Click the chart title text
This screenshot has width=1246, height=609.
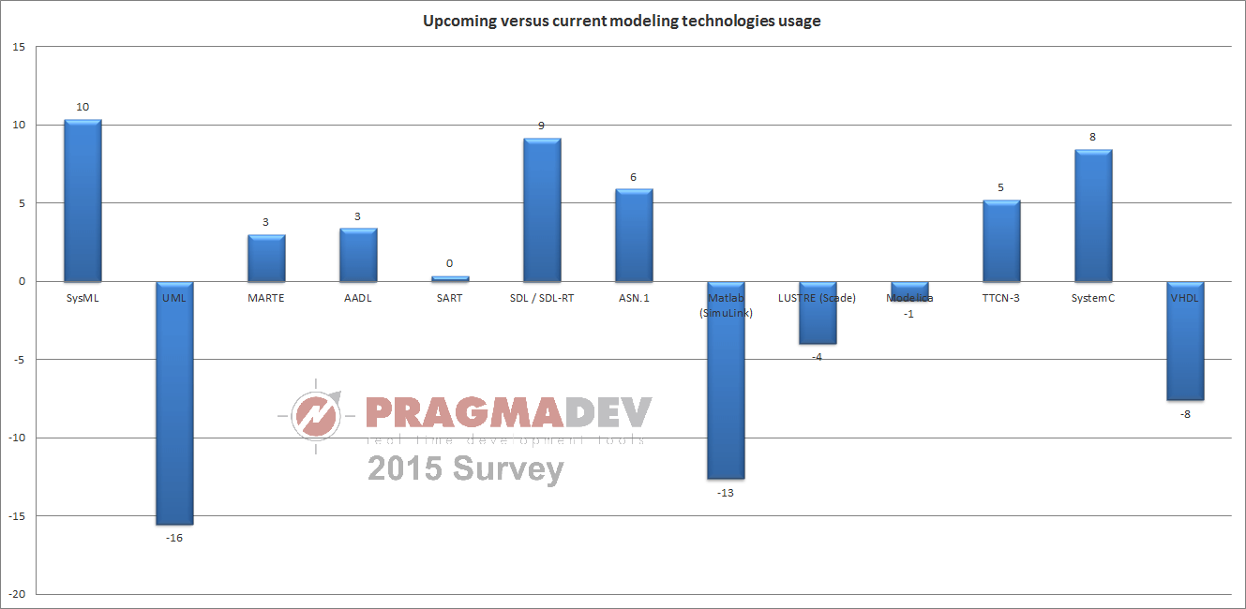tap(622, 21)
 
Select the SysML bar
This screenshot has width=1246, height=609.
tap(83, 201)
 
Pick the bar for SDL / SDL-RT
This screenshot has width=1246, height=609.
tap(542, 210)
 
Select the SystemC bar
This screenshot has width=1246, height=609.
tap(1093, 215)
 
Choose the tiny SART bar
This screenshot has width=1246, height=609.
tap(450, 278)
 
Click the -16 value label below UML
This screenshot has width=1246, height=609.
tap(174, 538)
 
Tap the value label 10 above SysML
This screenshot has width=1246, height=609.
tap(83, 107)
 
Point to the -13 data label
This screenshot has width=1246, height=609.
tap(725, 493)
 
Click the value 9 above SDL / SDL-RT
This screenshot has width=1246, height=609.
tap(541, 126)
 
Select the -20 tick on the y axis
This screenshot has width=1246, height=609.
tap(18, 594)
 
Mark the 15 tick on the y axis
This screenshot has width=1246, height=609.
tap(20, 47)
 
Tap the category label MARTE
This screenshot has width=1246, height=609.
tap(266, 299)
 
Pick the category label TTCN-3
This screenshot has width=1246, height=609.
tap(1000, 299)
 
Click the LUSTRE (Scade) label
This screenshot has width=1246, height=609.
tap(817, 299)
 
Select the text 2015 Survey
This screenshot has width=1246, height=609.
tap(465, 468)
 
